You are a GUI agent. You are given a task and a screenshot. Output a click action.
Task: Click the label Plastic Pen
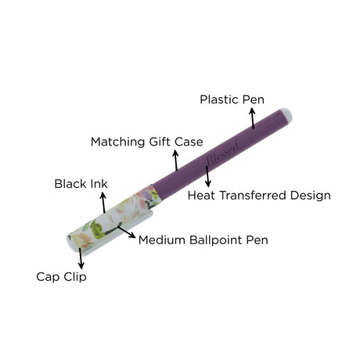[x=232, y=99]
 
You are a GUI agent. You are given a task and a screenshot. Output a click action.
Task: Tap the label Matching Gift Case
[x=147, y=142]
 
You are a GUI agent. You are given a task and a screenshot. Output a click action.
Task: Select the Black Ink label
[x=81, y=184]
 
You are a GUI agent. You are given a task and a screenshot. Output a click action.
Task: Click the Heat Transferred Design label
[x=259, y=196]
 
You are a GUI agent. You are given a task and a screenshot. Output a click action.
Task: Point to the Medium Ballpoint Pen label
[x=203, y=240]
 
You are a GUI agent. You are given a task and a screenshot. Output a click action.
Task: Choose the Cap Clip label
[x=61, y=277]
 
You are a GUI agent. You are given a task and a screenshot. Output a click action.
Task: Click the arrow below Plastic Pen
[x=252, y=118]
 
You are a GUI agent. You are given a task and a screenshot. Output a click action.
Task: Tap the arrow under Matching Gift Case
[x=176, y=160]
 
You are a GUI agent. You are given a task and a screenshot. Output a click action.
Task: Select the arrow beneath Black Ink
[x=103, y=203]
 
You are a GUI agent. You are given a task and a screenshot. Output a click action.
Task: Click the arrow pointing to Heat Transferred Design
[x=207, y=176]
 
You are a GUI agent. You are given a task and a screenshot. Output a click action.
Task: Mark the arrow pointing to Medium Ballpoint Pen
[x=126, y=232]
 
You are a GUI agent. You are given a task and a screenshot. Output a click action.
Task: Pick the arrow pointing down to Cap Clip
[x=81, y=258]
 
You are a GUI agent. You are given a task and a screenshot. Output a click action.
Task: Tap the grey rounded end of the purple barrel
[x=287, y=115]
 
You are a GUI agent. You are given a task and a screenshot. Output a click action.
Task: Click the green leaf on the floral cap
[x=97, y=230]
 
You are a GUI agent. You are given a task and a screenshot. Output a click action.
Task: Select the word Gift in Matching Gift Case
[x=160, y=142]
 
